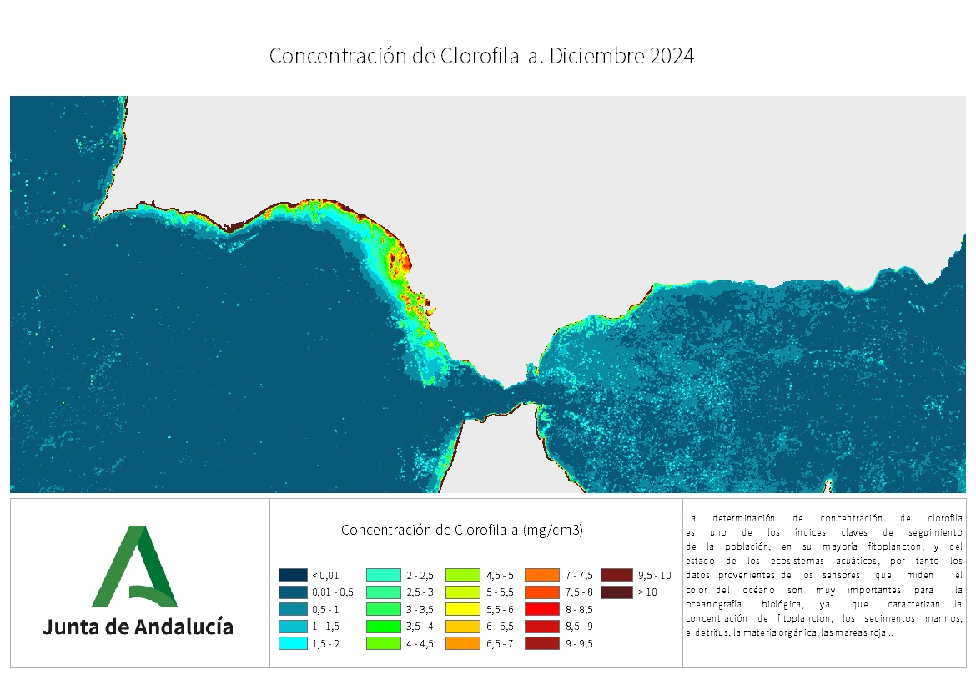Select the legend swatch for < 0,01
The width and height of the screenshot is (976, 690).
click(x=293, y=575)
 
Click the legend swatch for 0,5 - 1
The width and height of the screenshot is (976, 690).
click(x=293, y=609)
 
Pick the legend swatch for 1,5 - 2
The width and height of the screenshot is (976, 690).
click(x=293, y=643)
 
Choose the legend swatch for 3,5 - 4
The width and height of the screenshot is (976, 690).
click(x=380, y=626)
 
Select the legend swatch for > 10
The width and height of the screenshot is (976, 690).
click(x=615, y=592)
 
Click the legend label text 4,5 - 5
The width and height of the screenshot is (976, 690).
click(x=500, y=575)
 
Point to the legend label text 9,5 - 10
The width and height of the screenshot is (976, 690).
click(x=654, y=575)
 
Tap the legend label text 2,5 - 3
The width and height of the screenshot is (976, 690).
click(x=420, y=592)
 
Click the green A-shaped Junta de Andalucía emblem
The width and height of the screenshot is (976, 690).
click(x=133, y=567)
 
